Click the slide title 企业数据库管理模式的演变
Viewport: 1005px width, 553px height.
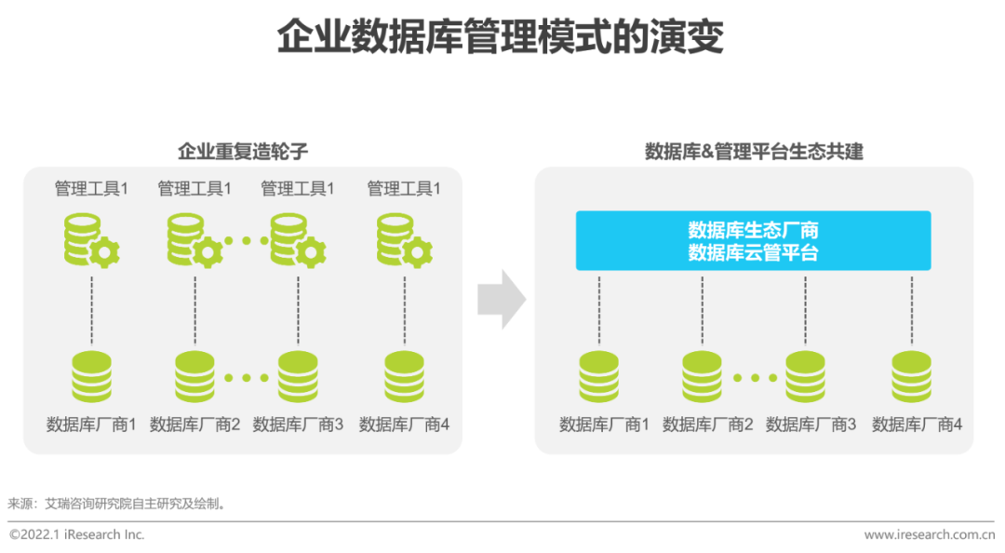(x=501, y=38)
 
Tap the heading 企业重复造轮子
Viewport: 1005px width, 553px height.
(x=242, y=151)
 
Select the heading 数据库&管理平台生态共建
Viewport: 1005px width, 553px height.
(x=754, y=151)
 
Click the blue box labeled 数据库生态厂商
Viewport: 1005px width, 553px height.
(x=753, y=230)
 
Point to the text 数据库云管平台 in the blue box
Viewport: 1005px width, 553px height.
(x=753, y=252)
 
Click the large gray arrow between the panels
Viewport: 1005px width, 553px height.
(x=501, y=300)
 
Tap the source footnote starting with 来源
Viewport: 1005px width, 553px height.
(x=117, y=504)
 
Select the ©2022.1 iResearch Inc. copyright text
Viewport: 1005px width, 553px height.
(x=77, y=534)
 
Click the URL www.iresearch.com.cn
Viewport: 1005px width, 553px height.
(x=929, y=534)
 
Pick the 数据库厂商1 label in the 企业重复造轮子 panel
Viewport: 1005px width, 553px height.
(x=91, y=425)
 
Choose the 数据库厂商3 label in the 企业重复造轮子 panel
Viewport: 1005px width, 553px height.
(x=298, y=425)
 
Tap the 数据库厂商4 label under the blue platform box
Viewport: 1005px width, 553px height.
(x=917, y=425)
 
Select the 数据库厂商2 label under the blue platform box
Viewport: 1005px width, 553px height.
(x=707, y=425)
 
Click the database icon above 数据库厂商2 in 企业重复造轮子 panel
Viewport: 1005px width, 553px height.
(x=194, y=376)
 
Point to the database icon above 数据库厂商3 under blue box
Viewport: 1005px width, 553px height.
(x=805, y=376)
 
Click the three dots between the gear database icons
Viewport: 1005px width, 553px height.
(x=246, y=240)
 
